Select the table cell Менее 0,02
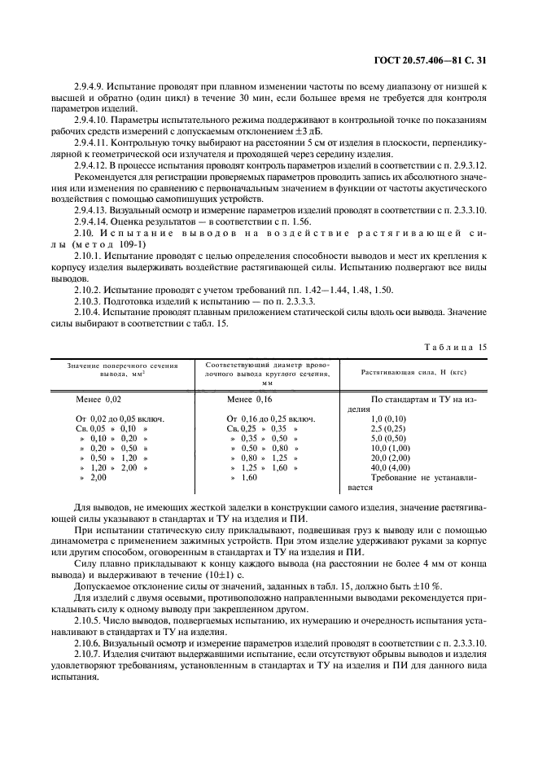point(98,399)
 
